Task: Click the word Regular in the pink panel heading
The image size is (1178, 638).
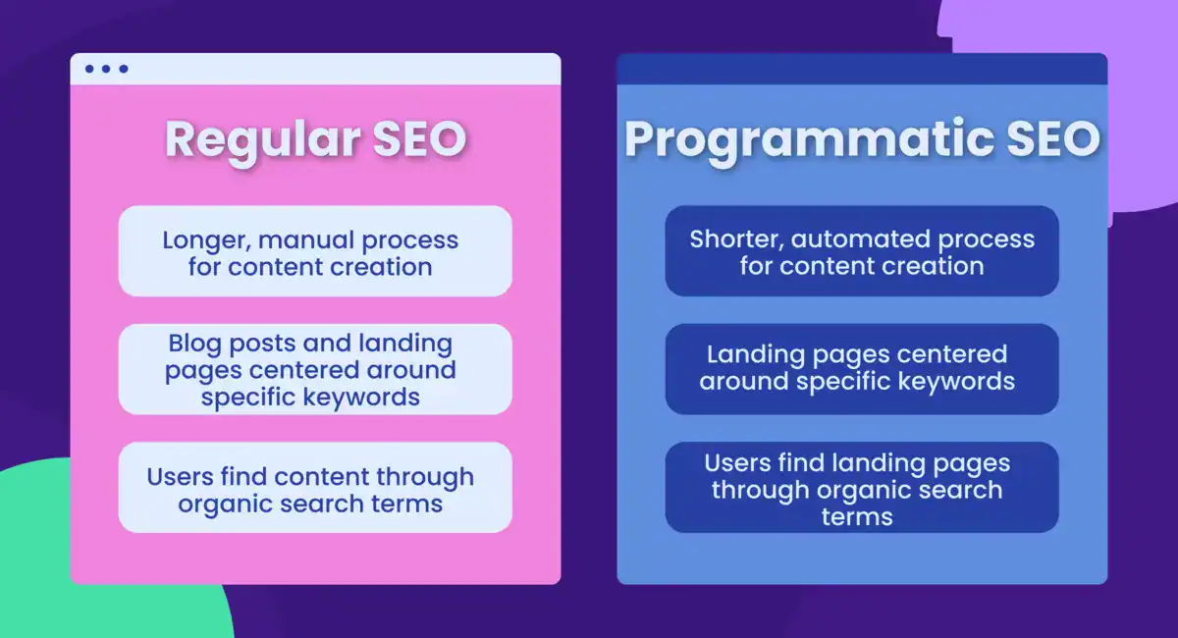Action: click(262, 140)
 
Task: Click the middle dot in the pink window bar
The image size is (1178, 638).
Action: click(106, 69)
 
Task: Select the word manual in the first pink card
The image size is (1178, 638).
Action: click(306, 239)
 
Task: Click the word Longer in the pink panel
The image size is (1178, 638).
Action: click(207, 240)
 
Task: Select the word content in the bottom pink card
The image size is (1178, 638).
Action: click(321, 477)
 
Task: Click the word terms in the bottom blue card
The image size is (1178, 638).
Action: click(857, 517)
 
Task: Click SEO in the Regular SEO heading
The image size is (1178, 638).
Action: click(420, 139)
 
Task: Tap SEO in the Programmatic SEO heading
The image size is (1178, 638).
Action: click(1052, 139)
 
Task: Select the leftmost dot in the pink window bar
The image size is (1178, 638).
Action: click(89, 69)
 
